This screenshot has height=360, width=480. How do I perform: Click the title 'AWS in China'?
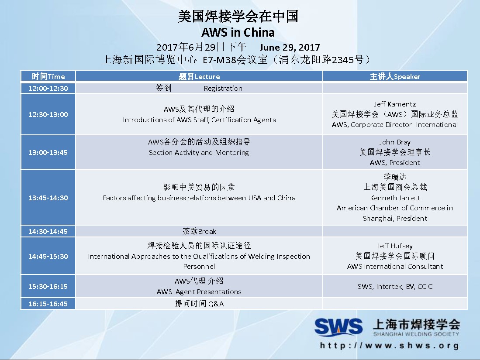[238, 32]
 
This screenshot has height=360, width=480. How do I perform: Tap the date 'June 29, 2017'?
[290, 48]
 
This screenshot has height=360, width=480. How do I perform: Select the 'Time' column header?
[48, 76]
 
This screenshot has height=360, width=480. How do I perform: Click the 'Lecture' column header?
[199, 76]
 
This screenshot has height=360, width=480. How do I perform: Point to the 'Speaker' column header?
[395, 76]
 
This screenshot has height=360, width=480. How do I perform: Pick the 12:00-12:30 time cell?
[48, 89]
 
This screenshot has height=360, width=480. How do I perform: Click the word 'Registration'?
[223, 89]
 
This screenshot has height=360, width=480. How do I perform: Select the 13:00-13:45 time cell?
[48, 152]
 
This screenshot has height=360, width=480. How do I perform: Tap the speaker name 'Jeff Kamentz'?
[395, 104]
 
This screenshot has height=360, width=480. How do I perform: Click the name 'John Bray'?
[395, 142]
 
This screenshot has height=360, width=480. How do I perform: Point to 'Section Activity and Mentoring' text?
[199, 152]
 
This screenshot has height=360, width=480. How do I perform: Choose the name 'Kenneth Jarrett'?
[395, 198]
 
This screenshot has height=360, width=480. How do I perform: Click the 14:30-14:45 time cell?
[48, 232]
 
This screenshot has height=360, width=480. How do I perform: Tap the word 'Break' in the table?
[207, 232]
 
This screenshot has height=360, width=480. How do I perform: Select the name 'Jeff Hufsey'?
[395, 246]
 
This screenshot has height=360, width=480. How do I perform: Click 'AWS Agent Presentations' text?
[199, 292]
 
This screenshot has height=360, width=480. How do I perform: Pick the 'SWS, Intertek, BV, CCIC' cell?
[395, 287]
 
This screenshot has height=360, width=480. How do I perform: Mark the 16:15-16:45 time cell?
[48, 304]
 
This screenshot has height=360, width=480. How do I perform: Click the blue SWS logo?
[338, 327]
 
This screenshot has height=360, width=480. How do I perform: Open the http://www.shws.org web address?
[390, 346]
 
